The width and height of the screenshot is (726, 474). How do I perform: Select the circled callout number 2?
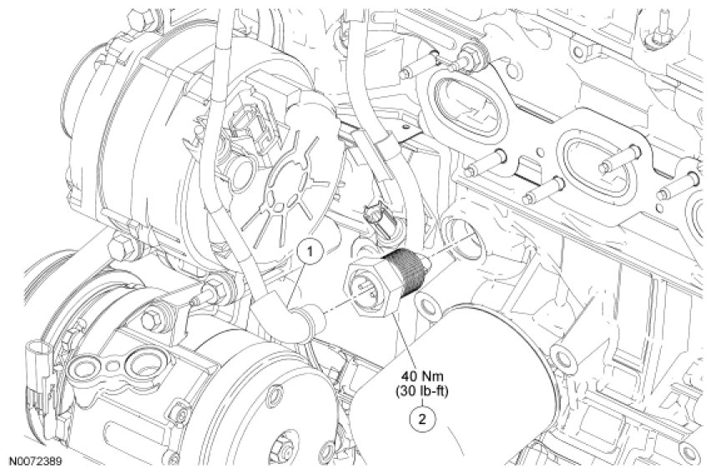(x=421, y=419)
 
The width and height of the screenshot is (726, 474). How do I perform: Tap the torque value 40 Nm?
(x=421, y=377)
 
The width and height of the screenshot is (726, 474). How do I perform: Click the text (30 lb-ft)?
(x=421, y=391)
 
